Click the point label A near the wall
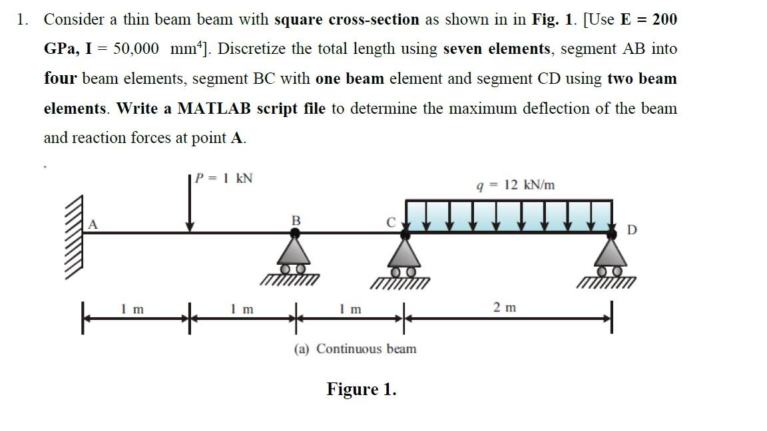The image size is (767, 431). click(93, 225)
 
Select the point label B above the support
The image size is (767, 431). click(296, 219)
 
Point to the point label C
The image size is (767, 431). click(392, 221)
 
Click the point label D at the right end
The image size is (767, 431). click(632, 230)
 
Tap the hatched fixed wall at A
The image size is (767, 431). click(76, 236)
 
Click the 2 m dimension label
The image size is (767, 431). click(505, 307)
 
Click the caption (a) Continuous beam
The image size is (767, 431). click(355, 349)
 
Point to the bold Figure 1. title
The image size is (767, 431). click(361, 389)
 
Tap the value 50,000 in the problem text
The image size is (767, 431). click(136, 49)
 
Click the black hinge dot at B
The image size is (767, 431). click(296, 233)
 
